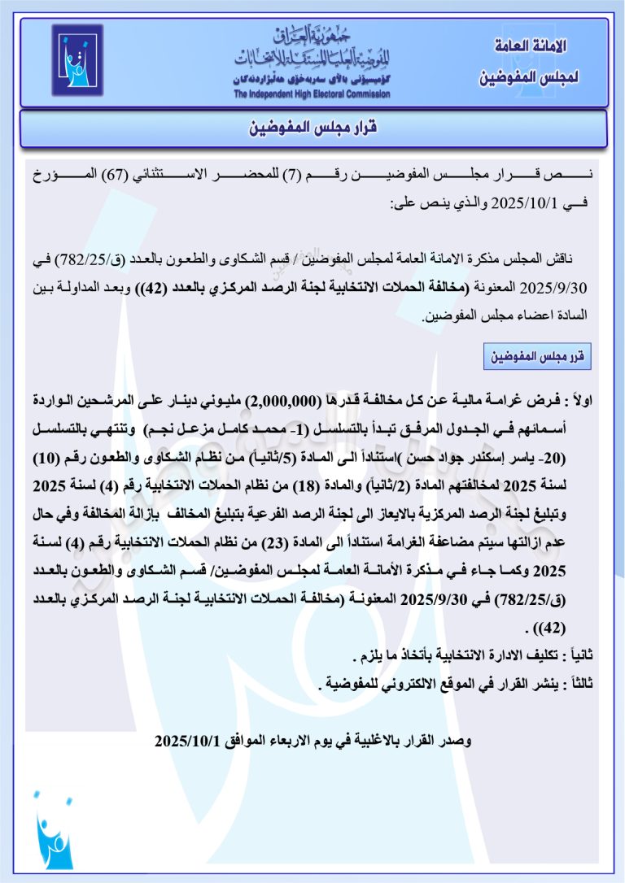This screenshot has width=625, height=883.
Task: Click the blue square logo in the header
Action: [x=77, y=61]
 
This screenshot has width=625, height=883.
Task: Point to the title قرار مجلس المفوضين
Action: [x=312, y=128]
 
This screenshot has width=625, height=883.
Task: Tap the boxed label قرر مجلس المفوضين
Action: [x=538, y=356]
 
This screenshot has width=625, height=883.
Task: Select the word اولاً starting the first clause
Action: [x=582, y=401]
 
